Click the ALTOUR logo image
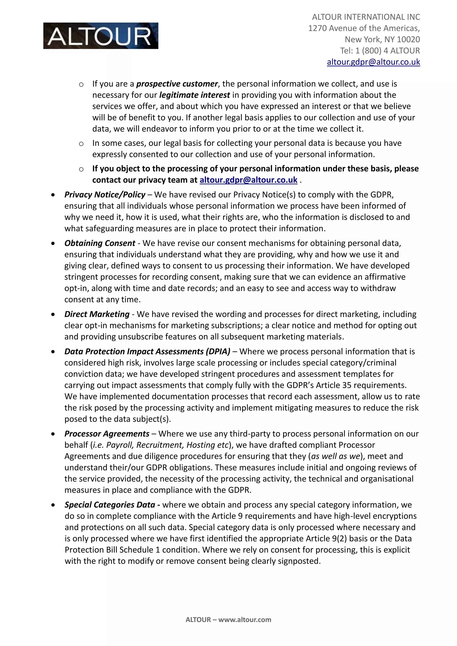[100, 36]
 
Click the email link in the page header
[373, 62]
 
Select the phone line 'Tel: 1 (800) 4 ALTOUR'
[380, 51]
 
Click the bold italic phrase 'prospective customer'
[177, 84]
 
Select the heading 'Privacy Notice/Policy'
[105, 195]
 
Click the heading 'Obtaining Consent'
[100, 243]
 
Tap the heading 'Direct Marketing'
[97, 314]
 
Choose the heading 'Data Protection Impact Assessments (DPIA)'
[147, 351]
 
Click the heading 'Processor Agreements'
[107, 434]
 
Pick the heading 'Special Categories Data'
[110, 505]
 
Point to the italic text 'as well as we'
[335, 456]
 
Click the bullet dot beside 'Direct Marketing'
[53, 314]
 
